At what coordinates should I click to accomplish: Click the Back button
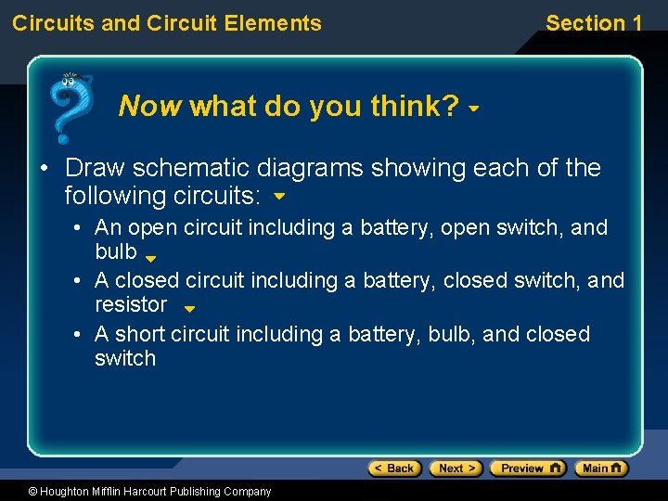[x=395, y=469]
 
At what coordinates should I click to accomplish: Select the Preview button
[x=527, y=469]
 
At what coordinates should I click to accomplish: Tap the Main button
[x=601, y=469]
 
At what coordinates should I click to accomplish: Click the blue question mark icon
[x=70, y=107]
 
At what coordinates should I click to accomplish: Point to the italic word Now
[x=150, y=107]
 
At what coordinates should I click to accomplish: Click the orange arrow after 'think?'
[x=474, y=109]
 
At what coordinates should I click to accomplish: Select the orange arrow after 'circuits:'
[x=279, y=198]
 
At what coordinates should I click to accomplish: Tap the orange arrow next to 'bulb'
[x=151, y=258]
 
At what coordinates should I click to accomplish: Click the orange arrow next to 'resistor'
[x=188, y=309]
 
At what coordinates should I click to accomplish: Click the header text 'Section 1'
[x=594, y=23]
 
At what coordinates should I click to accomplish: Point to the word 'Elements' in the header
[x=278, y=23]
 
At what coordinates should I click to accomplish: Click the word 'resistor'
[x=131, y=304]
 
